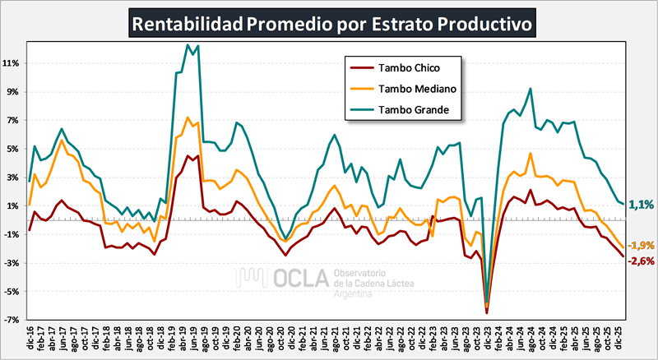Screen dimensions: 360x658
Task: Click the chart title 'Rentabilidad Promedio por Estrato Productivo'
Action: [332, 21]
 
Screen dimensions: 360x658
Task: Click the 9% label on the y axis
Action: [14, 92]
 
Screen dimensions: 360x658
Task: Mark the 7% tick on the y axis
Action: [14, 121]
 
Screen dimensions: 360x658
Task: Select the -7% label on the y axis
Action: [12, 320]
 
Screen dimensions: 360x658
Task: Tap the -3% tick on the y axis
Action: [12, 263]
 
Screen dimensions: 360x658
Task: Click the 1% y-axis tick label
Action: [14, 206]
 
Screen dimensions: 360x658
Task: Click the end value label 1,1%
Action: [641, 205]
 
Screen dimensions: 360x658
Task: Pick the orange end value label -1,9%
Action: [641, 245]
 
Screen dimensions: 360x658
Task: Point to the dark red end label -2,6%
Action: [641, 261]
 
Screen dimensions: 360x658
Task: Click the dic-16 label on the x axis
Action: [30, 339]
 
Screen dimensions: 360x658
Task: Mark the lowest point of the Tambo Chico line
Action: [487, 312]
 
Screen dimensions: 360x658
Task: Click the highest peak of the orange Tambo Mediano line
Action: [188, 118]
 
